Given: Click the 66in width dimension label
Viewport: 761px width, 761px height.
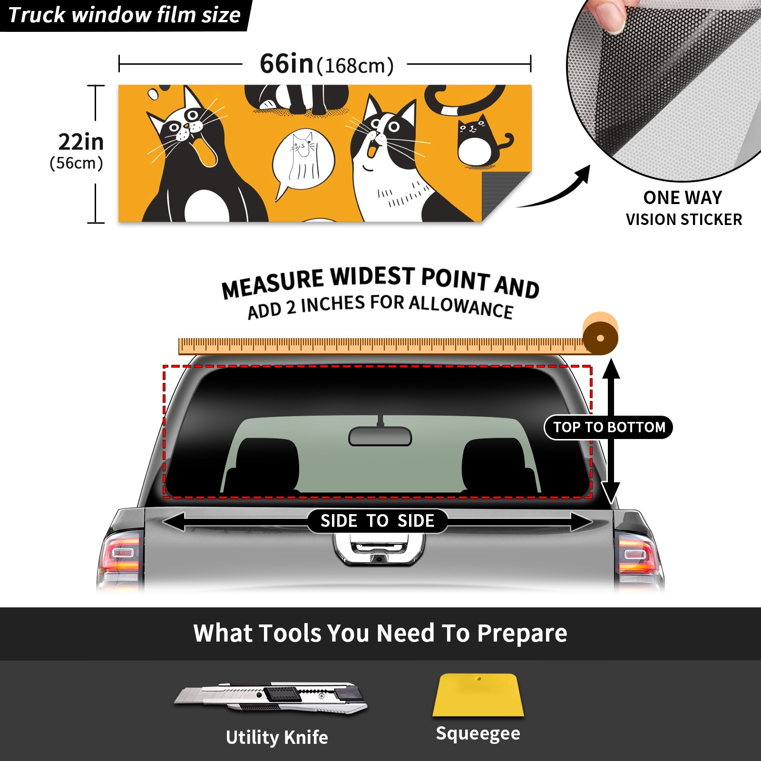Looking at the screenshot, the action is pyautogui.click(x=327, y=64).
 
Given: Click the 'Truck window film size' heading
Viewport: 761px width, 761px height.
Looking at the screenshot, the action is pyautogui.click(x=124, y=15).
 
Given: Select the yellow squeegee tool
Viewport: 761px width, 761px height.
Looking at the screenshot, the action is pyautogui.click(x=478, y=695).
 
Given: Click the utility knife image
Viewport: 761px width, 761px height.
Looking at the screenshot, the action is pyautogui.click(x=270, y=698).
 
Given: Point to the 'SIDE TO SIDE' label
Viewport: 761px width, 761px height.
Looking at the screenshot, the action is pyautogui.click(x=377, y=521).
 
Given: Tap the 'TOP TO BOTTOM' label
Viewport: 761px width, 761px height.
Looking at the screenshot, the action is pyautogui.click(x=609, y=427).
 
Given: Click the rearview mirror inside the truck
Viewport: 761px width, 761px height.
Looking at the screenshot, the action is pyautogui.click(x=380, y=436).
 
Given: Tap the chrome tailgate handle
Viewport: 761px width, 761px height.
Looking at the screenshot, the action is pyautogui.click(x=379, y=549).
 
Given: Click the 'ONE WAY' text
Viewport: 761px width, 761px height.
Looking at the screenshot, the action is pyautogui.click(x=683, y=197).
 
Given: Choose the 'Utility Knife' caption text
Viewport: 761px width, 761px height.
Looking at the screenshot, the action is pyautogui.click(x=277, y=737).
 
